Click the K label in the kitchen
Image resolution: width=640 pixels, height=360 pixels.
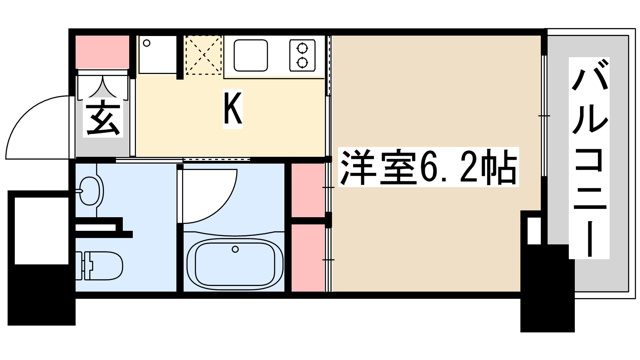pyautogui.click(x=233, y=109)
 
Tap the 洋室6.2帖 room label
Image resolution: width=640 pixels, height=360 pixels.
pyautogui.click(x=428, y=167)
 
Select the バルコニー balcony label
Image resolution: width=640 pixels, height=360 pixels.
pyautogui.click(x=589, y=158)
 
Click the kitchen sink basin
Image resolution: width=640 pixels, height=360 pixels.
pyautogui.click(x=251, y=56)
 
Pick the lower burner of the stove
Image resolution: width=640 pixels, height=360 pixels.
pyautogui.click(x=302, y=62)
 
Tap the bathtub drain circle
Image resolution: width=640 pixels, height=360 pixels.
pyautogui.click(x=235, y=249)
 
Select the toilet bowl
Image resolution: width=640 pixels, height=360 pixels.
pyautogui.click(x=99, y=265)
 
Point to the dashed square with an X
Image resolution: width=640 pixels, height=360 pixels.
pyautogui.click(x=203, y=56)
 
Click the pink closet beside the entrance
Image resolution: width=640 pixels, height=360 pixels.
pyautogui.click(x=102, y=52)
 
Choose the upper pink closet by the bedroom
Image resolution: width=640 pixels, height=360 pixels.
pyautogui.click(x=308, y=190)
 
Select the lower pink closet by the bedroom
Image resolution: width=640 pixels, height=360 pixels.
pyautogui.click(x=308, y=258)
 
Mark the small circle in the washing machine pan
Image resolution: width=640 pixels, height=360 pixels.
pyautogui.click(x=147, y=42)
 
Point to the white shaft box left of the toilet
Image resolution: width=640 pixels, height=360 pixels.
pyautogui.click(x=41, y=231)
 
